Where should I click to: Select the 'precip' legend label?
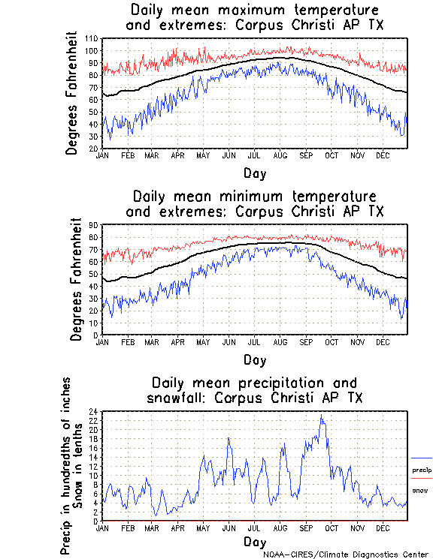[422, 470]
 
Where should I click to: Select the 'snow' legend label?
[420, 490]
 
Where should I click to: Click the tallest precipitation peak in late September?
[322, 415]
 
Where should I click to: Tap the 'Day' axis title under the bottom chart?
[255, 541]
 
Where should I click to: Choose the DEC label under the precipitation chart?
[382, 528]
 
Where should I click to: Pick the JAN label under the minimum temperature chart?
[103, 342]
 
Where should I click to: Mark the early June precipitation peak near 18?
[229, 438]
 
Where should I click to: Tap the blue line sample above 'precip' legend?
[422, 458]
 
